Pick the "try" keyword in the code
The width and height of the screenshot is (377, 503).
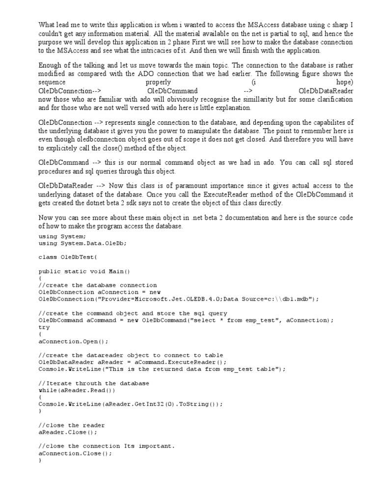coord(44,327)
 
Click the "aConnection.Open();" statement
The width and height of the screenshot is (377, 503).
coord(73,341)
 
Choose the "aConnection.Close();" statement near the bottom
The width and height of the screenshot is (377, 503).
coord(75,453)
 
